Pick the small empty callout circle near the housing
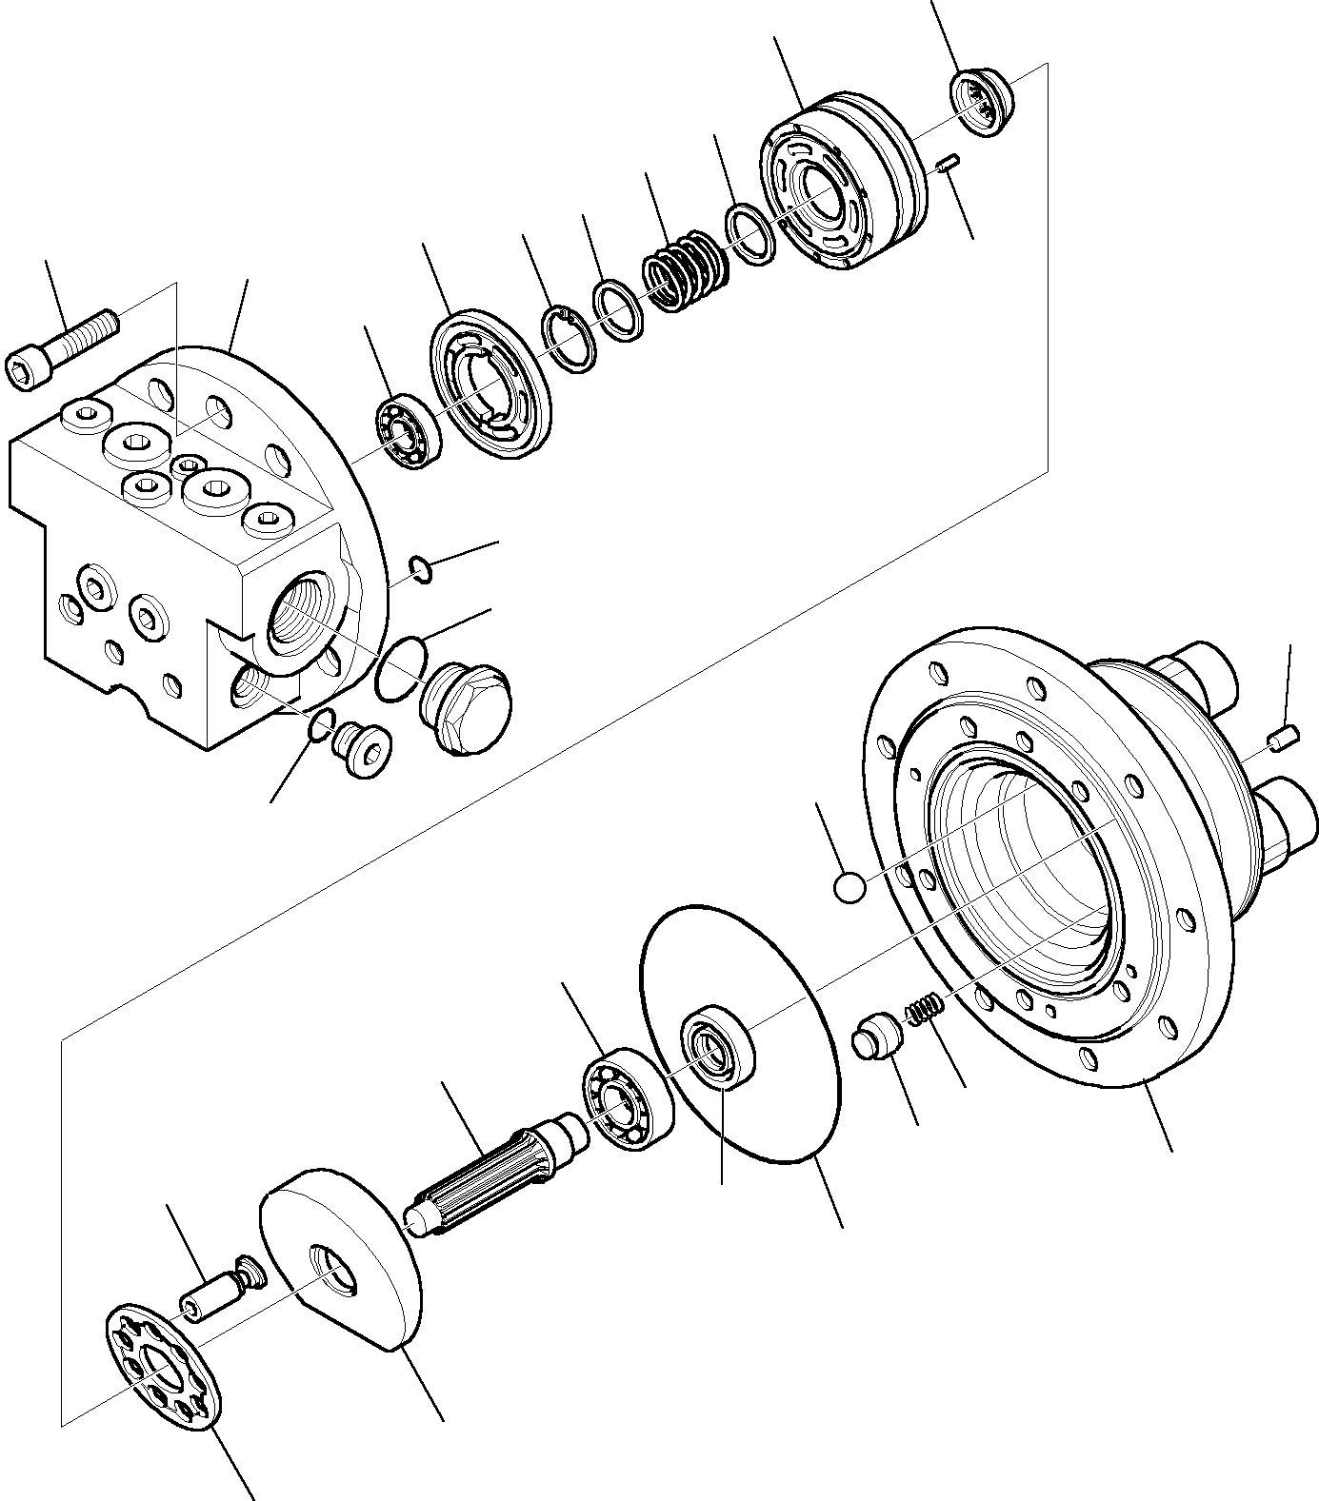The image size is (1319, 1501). (x=849, y=887)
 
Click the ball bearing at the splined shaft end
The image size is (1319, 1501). (x=627, y=1097)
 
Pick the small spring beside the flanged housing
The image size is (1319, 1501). (x=924, y=1009)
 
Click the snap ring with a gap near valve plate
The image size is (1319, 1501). (x=570, y=338)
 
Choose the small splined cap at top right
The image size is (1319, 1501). (x=982, y=103)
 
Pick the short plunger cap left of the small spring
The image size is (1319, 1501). (x=878, y=1037)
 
